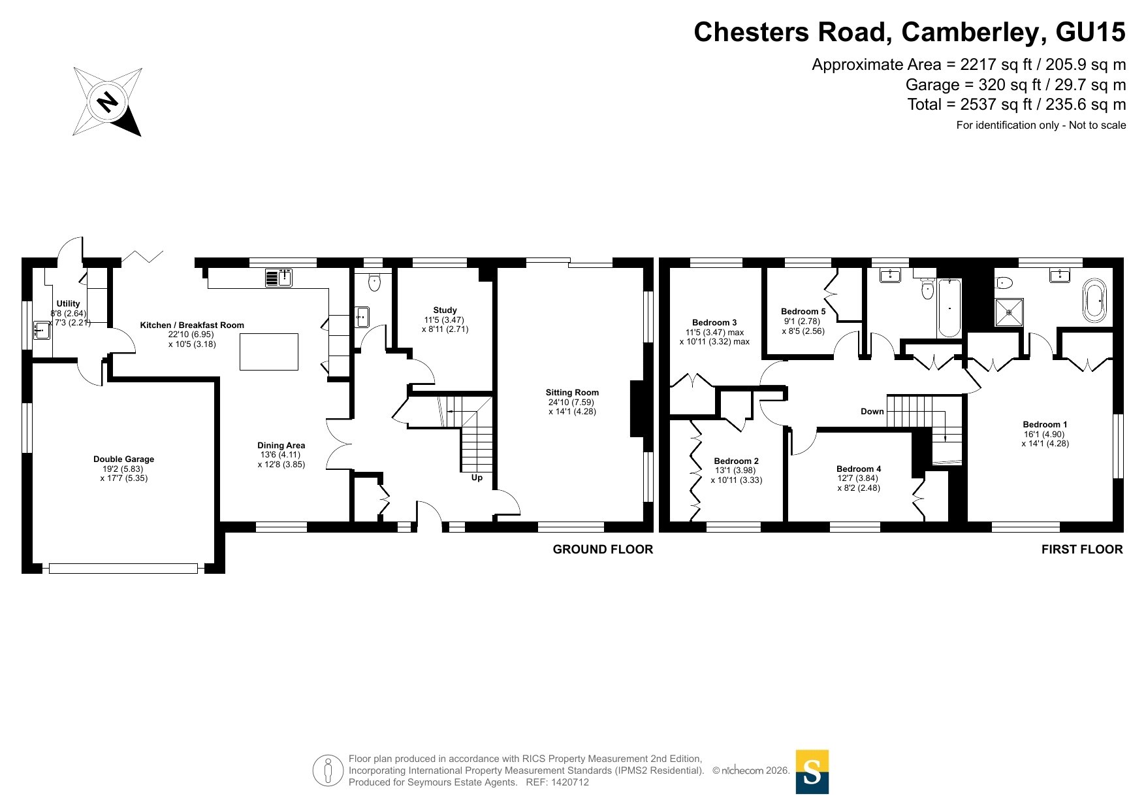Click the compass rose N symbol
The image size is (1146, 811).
107,102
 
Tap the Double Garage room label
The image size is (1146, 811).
123,459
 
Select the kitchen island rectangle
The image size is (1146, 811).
269,352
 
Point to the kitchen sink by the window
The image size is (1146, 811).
279,278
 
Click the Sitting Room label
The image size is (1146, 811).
572,393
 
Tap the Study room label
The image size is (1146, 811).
445,310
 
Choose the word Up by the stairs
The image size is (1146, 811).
477,478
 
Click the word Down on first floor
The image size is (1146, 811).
872,412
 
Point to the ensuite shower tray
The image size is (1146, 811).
1009,312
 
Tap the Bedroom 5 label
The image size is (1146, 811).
803,312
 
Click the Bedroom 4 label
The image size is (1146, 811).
859,469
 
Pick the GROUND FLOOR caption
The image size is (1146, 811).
603,550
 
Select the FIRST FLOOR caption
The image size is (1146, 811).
1082,550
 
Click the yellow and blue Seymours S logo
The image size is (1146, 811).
812,772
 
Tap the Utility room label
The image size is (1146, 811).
68,304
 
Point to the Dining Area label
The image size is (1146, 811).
281,446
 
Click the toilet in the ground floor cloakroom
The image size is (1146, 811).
374,282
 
